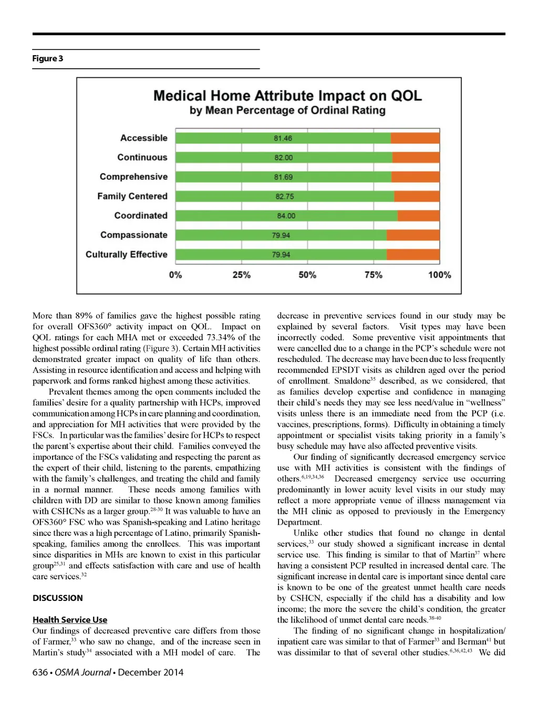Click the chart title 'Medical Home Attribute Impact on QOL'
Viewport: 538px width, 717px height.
(287, 96)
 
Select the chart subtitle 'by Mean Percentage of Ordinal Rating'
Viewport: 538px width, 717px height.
(287, 110)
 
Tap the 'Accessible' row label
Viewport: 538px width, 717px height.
(143, 138)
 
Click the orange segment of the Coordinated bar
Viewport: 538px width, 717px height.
(418, 216)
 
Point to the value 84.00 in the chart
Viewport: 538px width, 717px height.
(286, 216)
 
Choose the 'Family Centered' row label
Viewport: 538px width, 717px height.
(132, 196)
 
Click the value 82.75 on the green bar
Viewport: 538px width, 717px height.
(285, 196)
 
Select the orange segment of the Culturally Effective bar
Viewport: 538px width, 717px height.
(413, 255)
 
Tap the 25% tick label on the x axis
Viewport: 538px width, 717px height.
(242, 275)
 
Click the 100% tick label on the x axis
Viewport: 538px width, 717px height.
(439, 275)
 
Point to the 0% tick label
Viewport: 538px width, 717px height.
(175, 275)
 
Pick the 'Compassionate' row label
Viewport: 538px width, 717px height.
(133, 235)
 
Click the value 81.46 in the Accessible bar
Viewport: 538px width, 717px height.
(283, 138)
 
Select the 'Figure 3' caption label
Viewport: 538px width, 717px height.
(48, 58)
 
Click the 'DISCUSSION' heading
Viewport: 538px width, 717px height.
(58, 598)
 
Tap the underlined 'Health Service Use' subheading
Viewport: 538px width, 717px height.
(70, 620)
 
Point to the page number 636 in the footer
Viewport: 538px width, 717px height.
(40, 672)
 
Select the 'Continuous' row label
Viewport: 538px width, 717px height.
(142, 158)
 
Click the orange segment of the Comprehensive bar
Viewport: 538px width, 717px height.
(415, 177)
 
